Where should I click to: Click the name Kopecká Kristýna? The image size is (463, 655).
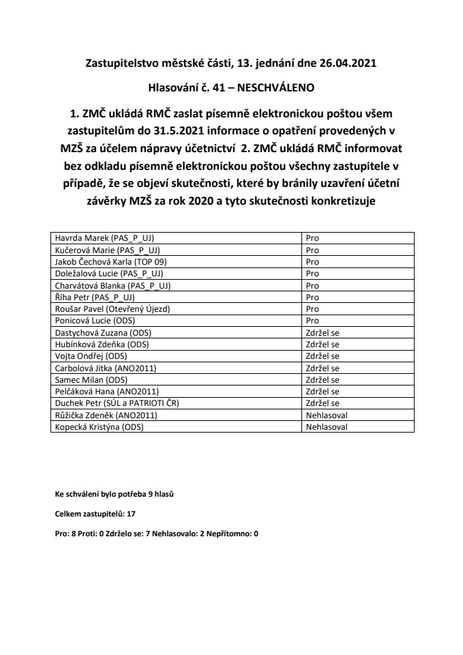[x=100, y=427]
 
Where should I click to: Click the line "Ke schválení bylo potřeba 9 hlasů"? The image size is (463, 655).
[x=114, y=493]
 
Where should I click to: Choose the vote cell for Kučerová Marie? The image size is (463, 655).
[x=313, y=250]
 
